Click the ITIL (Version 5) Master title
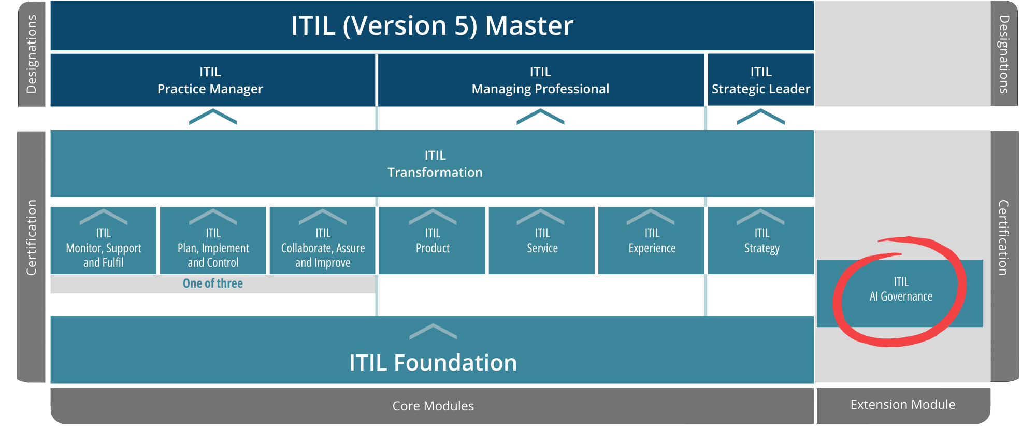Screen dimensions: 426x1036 tap(432, 26)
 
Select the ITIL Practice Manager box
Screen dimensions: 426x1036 tap(210, 80)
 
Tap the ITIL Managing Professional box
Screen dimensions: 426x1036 tap(540, 80)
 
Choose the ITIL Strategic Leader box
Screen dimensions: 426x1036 tap(760, 80)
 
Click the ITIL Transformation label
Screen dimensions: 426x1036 tap(435, 164)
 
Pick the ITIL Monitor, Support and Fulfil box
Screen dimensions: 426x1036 tap(104, 247)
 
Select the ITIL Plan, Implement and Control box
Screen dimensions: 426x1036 tap(213, 247)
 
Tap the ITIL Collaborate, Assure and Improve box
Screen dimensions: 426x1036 tap(323, 247)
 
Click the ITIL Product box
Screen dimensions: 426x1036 tap(433, 241)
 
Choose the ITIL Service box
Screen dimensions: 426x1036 tap(542, 241)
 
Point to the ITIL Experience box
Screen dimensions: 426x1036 tap(652, 241)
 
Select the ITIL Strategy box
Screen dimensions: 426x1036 tap(761, 241)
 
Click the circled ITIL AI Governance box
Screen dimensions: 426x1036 tap(900, 290)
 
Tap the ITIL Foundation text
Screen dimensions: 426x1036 tap(433, 363)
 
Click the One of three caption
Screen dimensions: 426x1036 tap(213, 283)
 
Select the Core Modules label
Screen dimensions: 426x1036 tap(433, 406)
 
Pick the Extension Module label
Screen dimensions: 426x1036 tap(902, 404)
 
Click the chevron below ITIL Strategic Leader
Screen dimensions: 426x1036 tap(760, 117)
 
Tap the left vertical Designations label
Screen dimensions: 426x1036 tap(32, 54)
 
